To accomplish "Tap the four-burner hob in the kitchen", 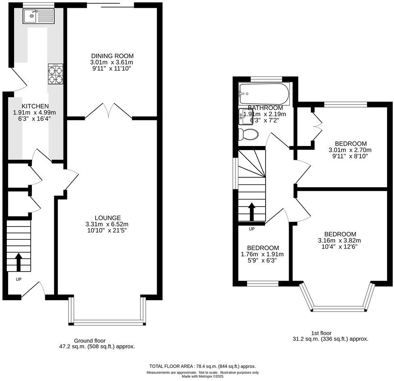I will (55, 74).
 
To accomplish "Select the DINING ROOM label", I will (112, 56).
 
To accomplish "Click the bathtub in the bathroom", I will (264, 94).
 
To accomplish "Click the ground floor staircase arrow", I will (19, 262).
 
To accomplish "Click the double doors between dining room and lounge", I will (108, 111).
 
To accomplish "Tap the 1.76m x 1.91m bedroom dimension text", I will (262, 254).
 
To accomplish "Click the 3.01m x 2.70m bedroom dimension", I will (350, 150).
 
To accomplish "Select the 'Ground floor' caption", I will (90, 341).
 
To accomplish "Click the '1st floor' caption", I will (321, 333).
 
